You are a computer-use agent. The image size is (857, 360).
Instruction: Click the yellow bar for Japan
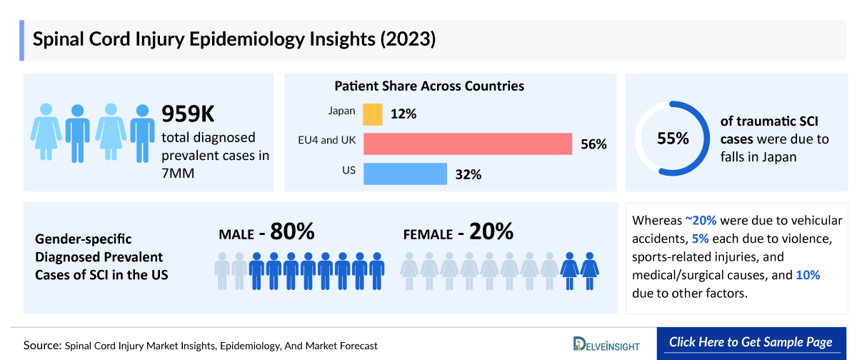click(373, 114)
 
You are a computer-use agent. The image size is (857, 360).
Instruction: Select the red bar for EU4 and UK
click(468, 144)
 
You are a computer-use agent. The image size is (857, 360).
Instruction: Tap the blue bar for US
click(405, 174)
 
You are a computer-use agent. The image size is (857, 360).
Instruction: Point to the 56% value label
click(593, 144)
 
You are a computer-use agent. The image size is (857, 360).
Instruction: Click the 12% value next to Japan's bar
click(403, 114)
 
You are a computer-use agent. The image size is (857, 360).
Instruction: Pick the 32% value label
click(468, 175)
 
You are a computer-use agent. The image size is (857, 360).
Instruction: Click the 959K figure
click(187, 114)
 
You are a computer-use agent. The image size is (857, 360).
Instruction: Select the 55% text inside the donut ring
click(673, 139)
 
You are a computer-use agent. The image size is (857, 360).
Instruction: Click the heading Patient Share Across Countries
click(429, 86)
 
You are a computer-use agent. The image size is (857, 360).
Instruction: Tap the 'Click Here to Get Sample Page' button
click(751, 342)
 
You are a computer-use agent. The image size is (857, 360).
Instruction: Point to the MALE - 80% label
click(266, 232)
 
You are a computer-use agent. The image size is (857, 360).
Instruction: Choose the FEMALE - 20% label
click(458, 232)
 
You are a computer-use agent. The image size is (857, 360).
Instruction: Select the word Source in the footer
click(41, 345)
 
